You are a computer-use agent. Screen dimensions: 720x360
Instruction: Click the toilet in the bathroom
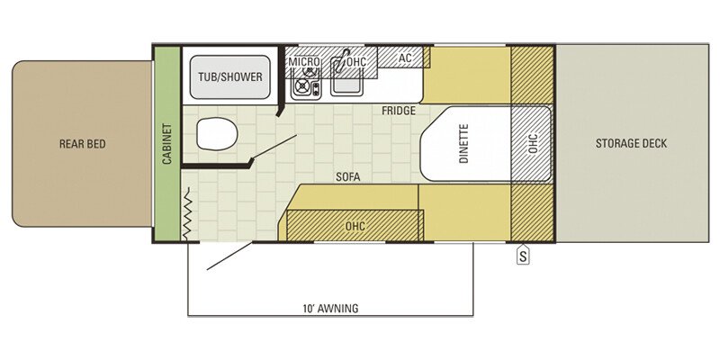click(x=217, y=134)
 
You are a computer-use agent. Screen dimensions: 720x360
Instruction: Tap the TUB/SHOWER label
click(x=230, y=76)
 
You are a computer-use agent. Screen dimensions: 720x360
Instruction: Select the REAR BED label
click(x=83, y=144)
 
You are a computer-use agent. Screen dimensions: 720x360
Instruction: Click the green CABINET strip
click(x=166, y=144)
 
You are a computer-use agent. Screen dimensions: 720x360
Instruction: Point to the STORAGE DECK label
click(x=631, y=144)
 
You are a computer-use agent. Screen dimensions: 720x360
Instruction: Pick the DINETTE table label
click(x=463, y=144)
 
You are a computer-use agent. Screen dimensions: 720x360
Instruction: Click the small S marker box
click(x=523, y=256)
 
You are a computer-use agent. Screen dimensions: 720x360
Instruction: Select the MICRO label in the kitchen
click(x=304, y=61)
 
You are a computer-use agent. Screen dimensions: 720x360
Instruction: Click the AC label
click(x=404, y=58)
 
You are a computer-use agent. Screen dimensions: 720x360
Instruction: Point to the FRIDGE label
click(x=399, y=111)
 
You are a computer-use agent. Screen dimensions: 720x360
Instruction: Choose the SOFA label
click(x=346, y=177)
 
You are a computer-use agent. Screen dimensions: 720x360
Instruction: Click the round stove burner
click(x=301, y=85)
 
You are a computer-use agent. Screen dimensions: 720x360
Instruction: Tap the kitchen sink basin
click(x=346, y=85)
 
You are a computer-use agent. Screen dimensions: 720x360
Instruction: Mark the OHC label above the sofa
click(x=355, y=226)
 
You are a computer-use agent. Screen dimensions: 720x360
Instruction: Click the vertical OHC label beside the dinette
click(x=532, y=144)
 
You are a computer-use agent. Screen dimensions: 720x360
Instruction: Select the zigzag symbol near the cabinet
click(x=187, y=213)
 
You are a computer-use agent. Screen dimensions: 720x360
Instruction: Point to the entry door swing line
click(x=229, y=256)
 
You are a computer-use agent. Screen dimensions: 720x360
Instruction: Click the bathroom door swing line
click(x=274, y=148)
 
